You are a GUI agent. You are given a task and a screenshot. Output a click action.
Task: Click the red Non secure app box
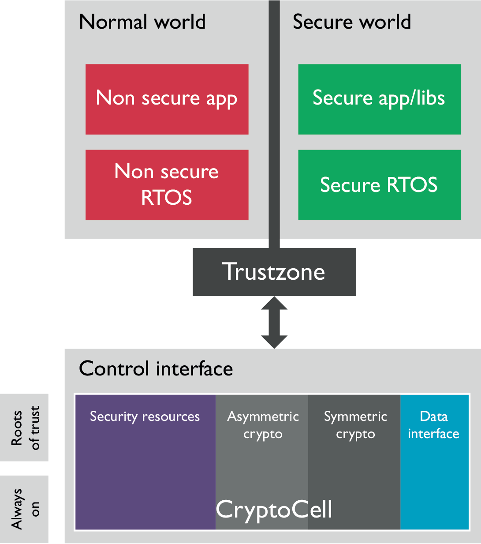(x=167, y=99)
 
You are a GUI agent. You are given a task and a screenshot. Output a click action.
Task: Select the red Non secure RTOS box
(x=167, y=184)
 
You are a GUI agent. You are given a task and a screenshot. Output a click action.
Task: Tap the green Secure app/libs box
(x=379, y=99)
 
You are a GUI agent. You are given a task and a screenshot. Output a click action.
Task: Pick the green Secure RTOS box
(x=379, y=184)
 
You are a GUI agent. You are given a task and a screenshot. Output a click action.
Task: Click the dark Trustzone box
(x=274, y=272)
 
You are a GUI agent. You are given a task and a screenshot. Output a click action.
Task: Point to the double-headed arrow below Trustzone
(x=274, y=323)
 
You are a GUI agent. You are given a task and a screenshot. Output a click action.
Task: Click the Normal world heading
(x=142, y=22)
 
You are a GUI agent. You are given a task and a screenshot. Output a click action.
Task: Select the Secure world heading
(x=351, y=22)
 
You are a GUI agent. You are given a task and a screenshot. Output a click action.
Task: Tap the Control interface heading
(x=156, y=368)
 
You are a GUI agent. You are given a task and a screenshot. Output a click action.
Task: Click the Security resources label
(x=145, y=416)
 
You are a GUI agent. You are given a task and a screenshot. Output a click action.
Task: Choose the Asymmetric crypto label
(x=263, y=425)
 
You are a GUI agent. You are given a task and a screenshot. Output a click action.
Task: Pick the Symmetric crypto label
(x=355, y=425)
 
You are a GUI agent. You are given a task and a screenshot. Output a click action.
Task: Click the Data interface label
(x=433, y=425)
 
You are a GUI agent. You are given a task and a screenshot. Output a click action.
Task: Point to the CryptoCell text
(x=274, y=510)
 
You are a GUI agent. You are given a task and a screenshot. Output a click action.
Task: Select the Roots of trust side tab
(x=24, y=428)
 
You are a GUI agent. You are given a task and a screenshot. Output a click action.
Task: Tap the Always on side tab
(x=24, y=509)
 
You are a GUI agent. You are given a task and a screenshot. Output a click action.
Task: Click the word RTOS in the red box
(x=167, y=197)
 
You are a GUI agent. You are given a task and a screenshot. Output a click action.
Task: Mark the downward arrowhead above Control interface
(x=274, y=341)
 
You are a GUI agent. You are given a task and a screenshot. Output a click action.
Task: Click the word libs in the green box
(x=429, y=98)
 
